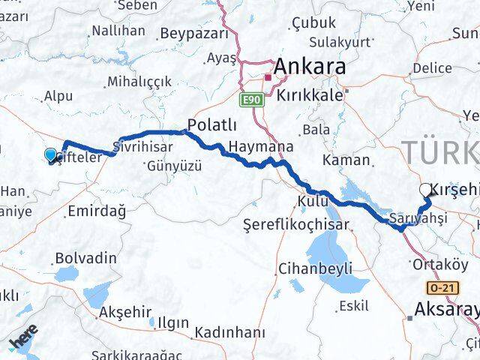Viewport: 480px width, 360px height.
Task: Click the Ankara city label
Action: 310,67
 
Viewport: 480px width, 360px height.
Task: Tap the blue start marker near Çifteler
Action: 50,154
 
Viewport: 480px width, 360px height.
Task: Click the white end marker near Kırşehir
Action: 426,190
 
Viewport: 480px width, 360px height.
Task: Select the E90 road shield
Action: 250,98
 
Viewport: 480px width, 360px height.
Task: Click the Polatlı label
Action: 211,125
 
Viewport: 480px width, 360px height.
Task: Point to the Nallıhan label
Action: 118,31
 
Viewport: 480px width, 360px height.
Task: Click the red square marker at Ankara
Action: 267,76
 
